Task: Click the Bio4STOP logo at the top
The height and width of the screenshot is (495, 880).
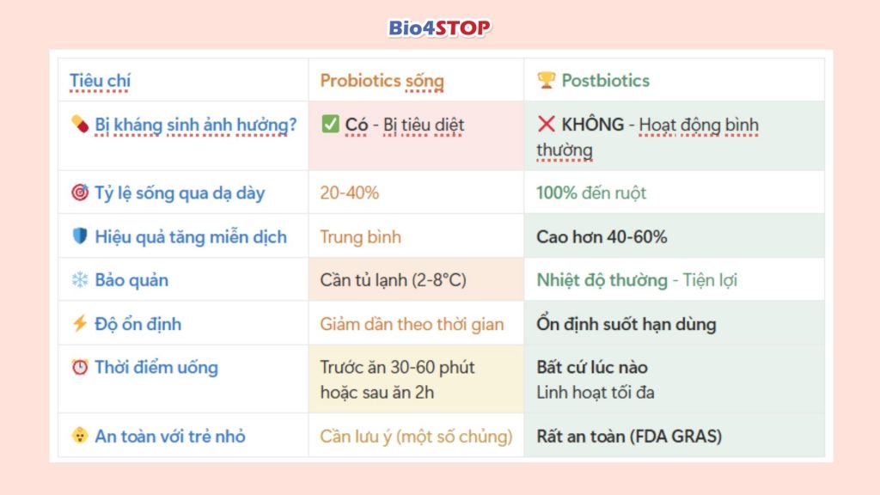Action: click(x=439, y=27)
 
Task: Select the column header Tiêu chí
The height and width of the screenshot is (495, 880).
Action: click(x=100, y=81)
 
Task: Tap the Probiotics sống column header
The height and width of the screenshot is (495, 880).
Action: click(x=382, y=81)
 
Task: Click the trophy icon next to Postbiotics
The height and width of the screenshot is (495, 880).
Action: click(x=546, y=81)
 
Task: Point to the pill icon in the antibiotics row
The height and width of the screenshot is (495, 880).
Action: click(x=80, y=125)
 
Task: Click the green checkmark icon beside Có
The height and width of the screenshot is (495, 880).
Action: click(x=330, y=125)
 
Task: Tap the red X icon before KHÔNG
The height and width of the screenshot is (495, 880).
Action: click(x=546, y=125)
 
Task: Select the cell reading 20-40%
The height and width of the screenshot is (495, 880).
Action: click(x=349, y=192)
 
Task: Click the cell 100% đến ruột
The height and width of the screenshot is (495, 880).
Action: click(x=590, y=192)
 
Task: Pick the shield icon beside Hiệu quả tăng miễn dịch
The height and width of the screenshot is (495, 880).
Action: click(x=80, y=236)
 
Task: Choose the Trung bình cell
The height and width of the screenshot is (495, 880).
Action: click(x=360, y=236)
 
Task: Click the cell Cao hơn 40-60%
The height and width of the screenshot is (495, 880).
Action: click(x=601, y=236)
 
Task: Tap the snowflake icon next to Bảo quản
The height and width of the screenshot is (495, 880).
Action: click(x=80, y=280)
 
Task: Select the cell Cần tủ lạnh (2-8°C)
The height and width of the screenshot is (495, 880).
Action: click(x=393, y=280)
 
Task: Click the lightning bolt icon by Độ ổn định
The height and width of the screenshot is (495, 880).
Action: click(x=80, y=324)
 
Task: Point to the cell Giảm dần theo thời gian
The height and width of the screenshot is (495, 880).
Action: click(x=412, y=324)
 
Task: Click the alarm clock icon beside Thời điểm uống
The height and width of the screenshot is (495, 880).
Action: click(x=80, y=368)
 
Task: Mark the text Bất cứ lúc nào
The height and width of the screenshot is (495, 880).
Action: click(x=592, y=368)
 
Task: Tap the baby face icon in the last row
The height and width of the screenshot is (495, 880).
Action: click(x=80, y=436)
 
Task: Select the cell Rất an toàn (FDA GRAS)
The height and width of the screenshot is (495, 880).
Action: click(x=629, y=436)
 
